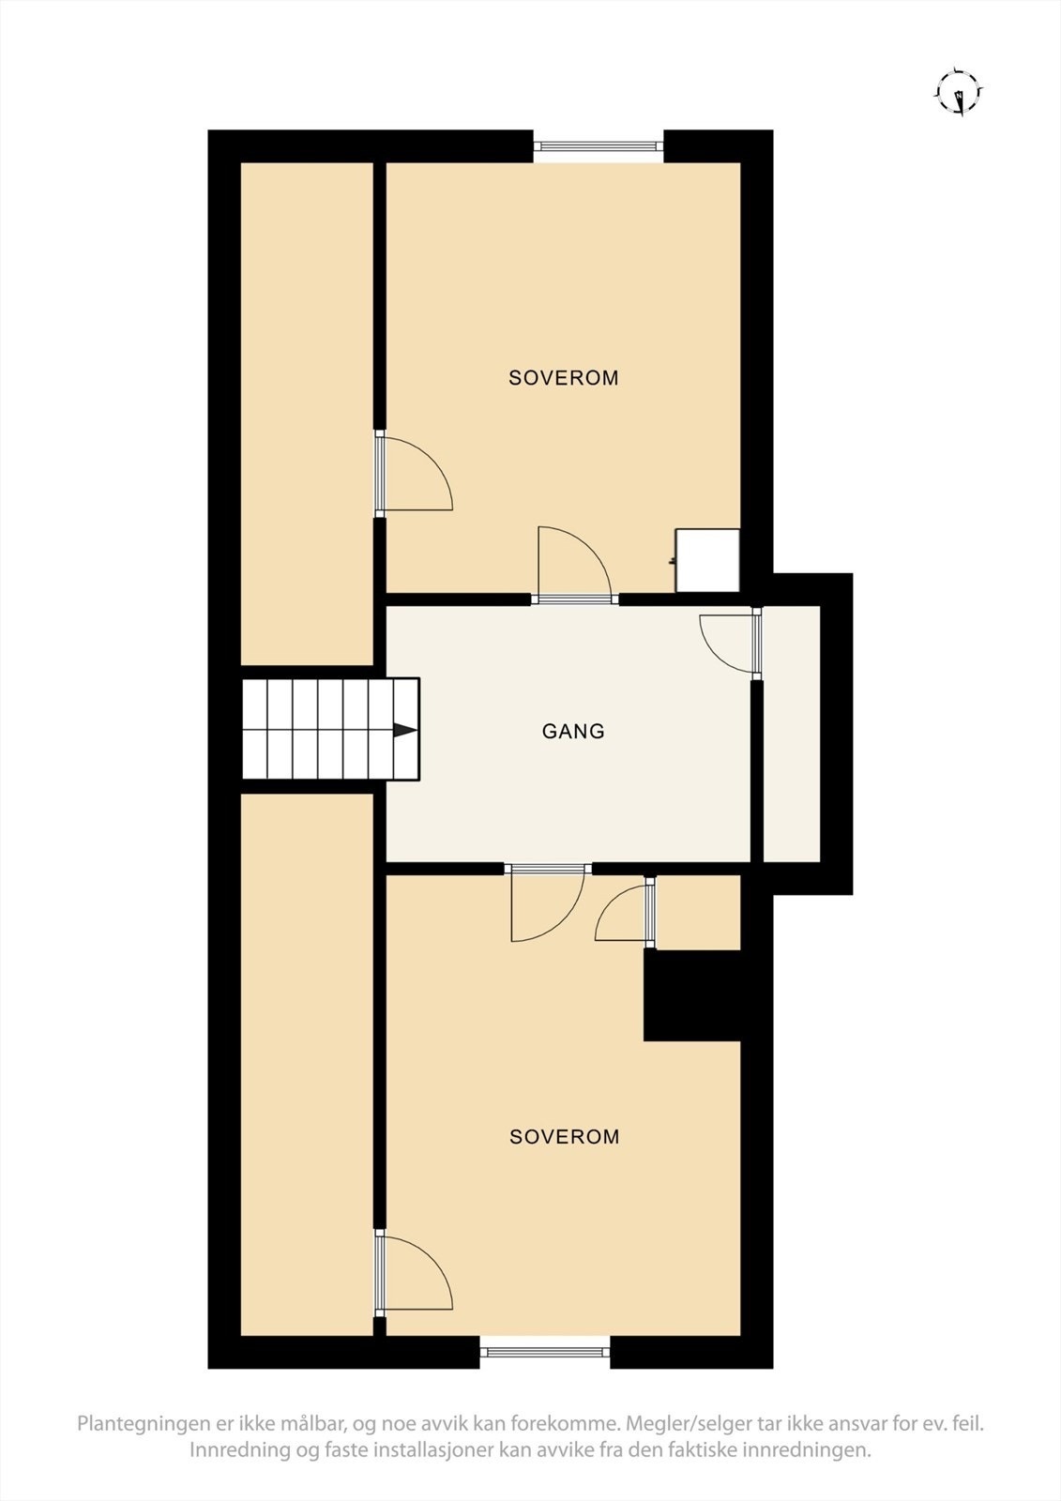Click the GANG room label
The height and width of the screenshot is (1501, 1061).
pyautogui.click(x=573, y=731)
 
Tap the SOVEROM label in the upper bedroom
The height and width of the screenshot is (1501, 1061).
pyautogui.click(x=564, y=378)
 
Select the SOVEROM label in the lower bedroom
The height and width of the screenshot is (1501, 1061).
pyautogui.click(x=565, y=1137)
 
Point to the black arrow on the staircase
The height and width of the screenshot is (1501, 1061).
pyautogui.click(x=404, y=730)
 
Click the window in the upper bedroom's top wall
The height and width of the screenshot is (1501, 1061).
pyautogui.click(x=599, y=145)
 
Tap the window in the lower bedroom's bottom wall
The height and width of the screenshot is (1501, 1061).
pyautogui.click(x=545, y=1352)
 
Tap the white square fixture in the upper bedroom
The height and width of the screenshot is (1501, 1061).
pyautogui.click(x=708, y=560)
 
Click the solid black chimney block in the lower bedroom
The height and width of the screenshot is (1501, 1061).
pyautogui.click(x=692, y=995)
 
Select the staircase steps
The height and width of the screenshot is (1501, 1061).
pyautogui.click(x=319, y=730)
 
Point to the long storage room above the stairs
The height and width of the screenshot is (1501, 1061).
pyautogui.click(x=308, y=413)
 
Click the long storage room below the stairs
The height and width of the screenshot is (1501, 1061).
pyautogui.click(x=308, y=1065)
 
